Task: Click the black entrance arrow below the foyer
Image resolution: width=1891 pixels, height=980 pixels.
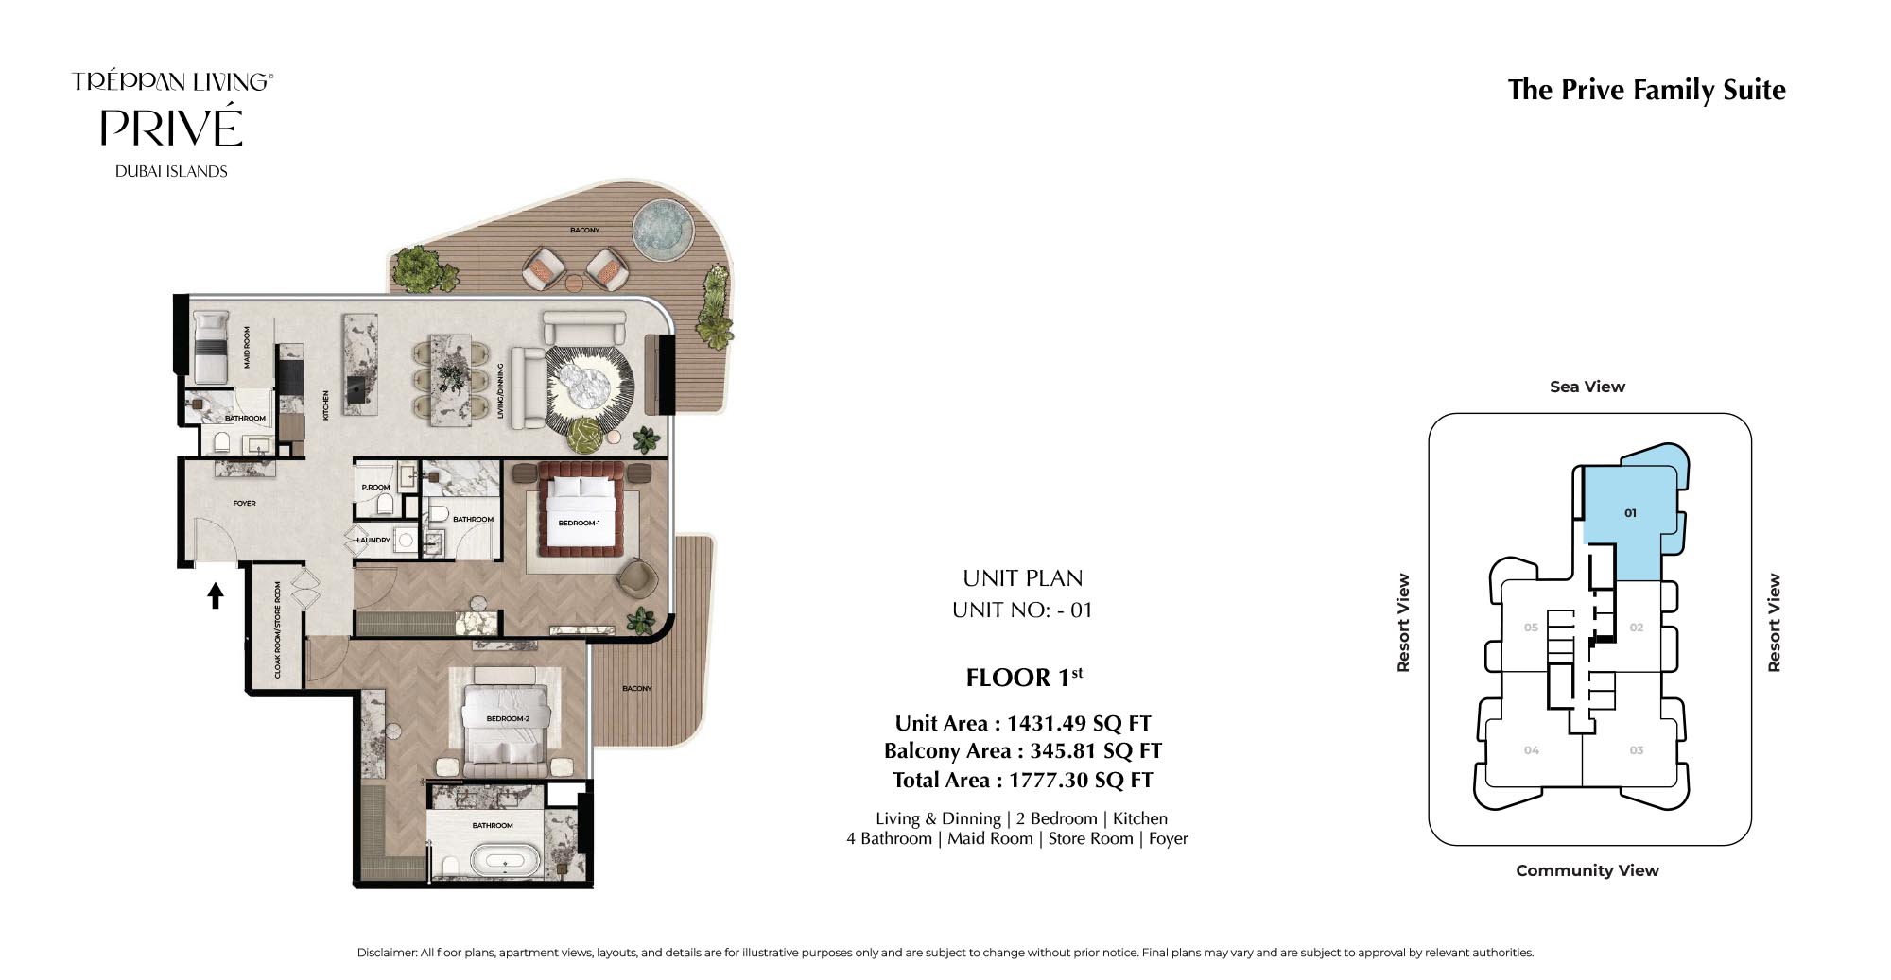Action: point(216,594)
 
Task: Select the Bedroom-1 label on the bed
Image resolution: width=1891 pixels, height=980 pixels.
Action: point(579,523)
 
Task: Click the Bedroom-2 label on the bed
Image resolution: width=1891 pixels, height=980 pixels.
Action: point(508,719)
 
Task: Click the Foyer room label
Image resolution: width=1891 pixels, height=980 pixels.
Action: point(244,504)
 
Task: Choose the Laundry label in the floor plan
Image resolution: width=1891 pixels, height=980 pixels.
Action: point(373,541)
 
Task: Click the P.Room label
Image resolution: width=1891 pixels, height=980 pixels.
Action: point(375,488)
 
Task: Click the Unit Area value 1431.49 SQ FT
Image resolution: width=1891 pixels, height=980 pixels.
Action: point(1079,724)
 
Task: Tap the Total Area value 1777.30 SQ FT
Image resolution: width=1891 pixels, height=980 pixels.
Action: point(1081,781)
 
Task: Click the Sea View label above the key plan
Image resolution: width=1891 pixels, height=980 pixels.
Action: point(1587,387)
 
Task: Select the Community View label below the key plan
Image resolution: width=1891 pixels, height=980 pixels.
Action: point(1587,870)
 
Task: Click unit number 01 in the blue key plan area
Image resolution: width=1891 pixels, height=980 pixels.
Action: point(1630,513)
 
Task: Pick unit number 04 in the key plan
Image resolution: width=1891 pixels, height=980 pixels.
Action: point(1531,750)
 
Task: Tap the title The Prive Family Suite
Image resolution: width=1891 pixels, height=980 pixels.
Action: point(1646,90)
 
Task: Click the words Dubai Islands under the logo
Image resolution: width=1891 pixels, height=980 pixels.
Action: point(171,171)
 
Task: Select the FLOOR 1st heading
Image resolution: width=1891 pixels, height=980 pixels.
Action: point(1024,677)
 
